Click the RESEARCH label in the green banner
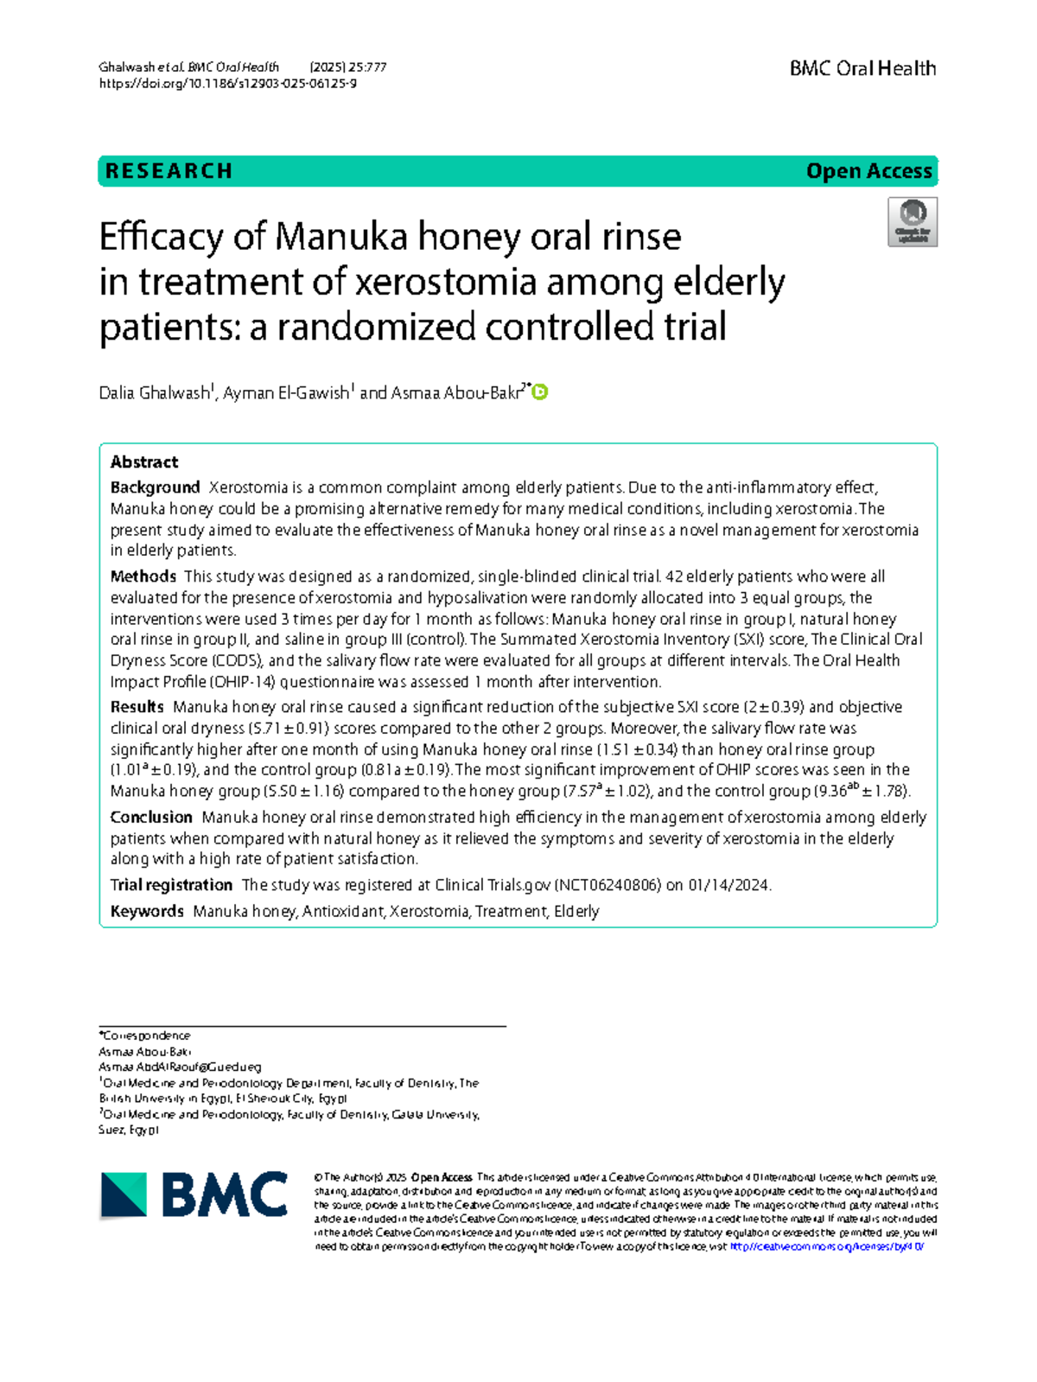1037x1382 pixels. pyautogui.click(x=169, y=171)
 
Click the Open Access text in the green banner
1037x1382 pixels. pyautogui.click(x=868, y=171)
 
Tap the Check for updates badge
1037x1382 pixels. pyautogui.click(x=913, y=222)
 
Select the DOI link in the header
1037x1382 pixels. pyautogui.click(x=228, y=84)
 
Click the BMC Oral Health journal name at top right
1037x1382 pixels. pyautogui.click(x=862, y=68)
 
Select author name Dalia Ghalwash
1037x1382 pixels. pyautogui.click(x=155, y=393)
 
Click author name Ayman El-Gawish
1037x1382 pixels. pyautogui.click(x=286, y=393)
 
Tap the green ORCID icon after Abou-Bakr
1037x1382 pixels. pyautogui.click(x=540, y=392)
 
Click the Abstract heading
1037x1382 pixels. pyautogui.click(x=144, y=462)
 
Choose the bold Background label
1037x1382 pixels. pyautogui.click(x=155, y=487)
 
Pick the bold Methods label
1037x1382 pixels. pyautogui.click(x=143, y=576)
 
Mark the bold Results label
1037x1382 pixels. pyautogui.click(x=137, y=707)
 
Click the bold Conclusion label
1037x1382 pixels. pyautogui.click(x=151, y=818)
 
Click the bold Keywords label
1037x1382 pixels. pyautogui.click(x=147, y=911)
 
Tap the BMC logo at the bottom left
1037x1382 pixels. pyautogui.click(x=194, y=1195)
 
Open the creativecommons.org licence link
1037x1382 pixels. pyautogui.click(x=827, y=1247)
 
